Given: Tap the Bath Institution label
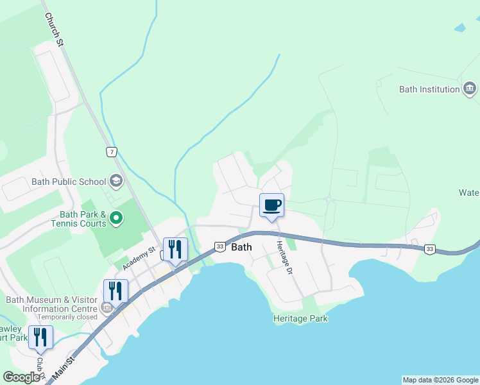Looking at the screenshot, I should pyautogui.click(x=429, y=89).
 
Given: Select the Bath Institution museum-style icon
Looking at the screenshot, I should pyautogui.click(x=470, y=89).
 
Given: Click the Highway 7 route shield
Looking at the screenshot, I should pyautogui.click(x=112, y=152).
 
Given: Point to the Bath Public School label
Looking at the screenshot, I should pyautogui.click(x=69, y=182).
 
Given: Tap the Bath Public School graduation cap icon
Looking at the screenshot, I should pyautogui.click(x=116, y=182).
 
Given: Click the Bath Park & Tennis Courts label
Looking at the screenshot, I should pyautogui.click(x=78, y=219).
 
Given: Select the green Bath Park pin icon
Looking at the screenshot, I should pyautogui.click(x=116, y=218).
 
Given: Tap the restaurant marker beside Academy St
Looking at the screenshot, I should pyautogui.click(x=175, y=249).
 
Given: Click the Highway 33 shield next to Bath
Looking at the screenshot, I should pyautogui.click(x=219, y=247).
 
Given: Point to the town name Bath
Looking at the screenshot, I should pyautogui.click(x=242, y=247).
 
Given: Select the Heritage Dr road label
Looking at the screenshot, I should pyautogui.click(x=285, y=258).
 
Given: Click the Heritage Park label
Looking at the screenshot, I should pyautogui.click(x=300, y=318).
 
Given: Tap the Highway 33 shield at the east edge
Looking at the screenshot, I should pyautogui.click(x=430, y=249).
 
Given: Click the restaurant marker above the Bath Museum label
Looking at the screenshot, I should pyautogui.click(x=115, y=291).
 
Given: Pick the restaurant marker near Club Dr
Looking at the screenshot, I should pyautogui.click(x=40, y=337).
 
